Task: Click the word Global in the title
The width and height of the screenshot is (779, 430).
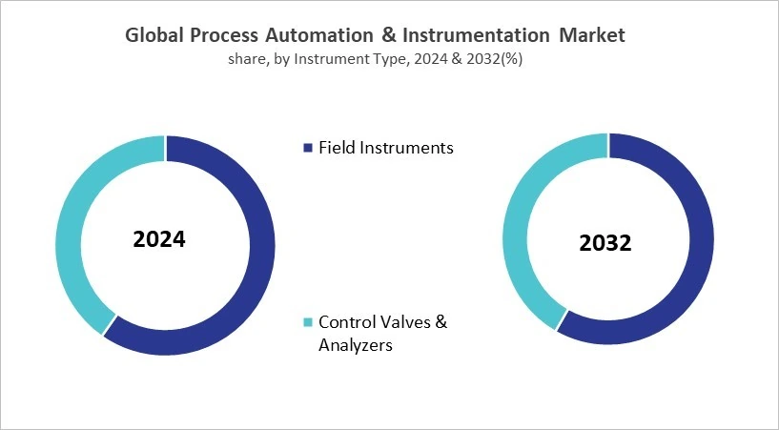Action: [155, 35]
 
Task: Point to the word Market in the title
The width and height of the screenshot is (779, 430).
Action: [590, 35]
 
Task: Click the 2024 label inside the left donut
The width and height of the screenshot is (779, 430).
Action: [159, 238]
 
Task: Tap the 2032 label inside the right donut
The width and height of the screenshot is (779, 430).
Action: [605, 243]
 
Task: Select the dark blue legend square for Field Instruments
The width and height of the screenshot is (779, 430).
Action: [307, 148]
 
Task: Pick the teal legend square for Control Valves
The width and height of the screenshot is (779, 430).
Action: [307, 322]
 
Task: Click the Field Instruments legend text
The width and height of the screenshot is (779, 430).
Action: [386, 148]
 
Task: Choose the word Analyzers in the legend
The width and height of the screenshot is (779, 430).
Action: [355, 345]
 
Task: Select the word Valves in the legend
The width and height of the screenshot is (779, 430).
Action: [403, 322]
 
